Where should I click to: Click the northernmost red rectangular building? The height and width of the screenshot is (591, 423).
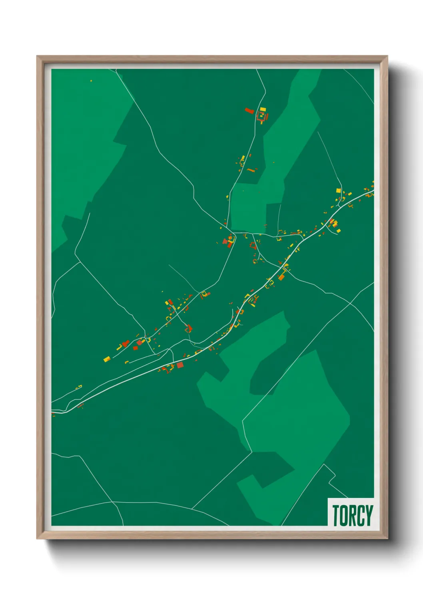[x=249, y=110]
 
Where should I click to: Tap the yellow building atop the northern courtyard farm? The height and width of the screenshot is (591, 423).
[x=263, y=109]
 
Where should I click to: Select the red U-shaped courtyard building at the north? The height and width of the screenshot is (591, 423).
[x=262, y=117]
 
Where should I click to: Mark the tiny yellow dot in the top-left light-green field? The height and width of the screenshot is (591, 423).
[x=91, y=81]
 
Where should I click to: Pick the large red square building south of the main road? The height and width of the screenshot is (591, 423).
[x=180, y=365]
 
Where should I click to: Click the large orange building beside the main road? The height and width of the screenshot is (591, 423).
[x=281, y=277]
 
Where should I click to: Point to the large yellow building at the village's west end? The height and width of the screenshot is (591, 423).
[x=107, y=359]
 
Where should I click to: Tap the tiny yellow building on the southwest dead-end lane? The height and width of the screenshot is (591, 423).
[x=79, y=386]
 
